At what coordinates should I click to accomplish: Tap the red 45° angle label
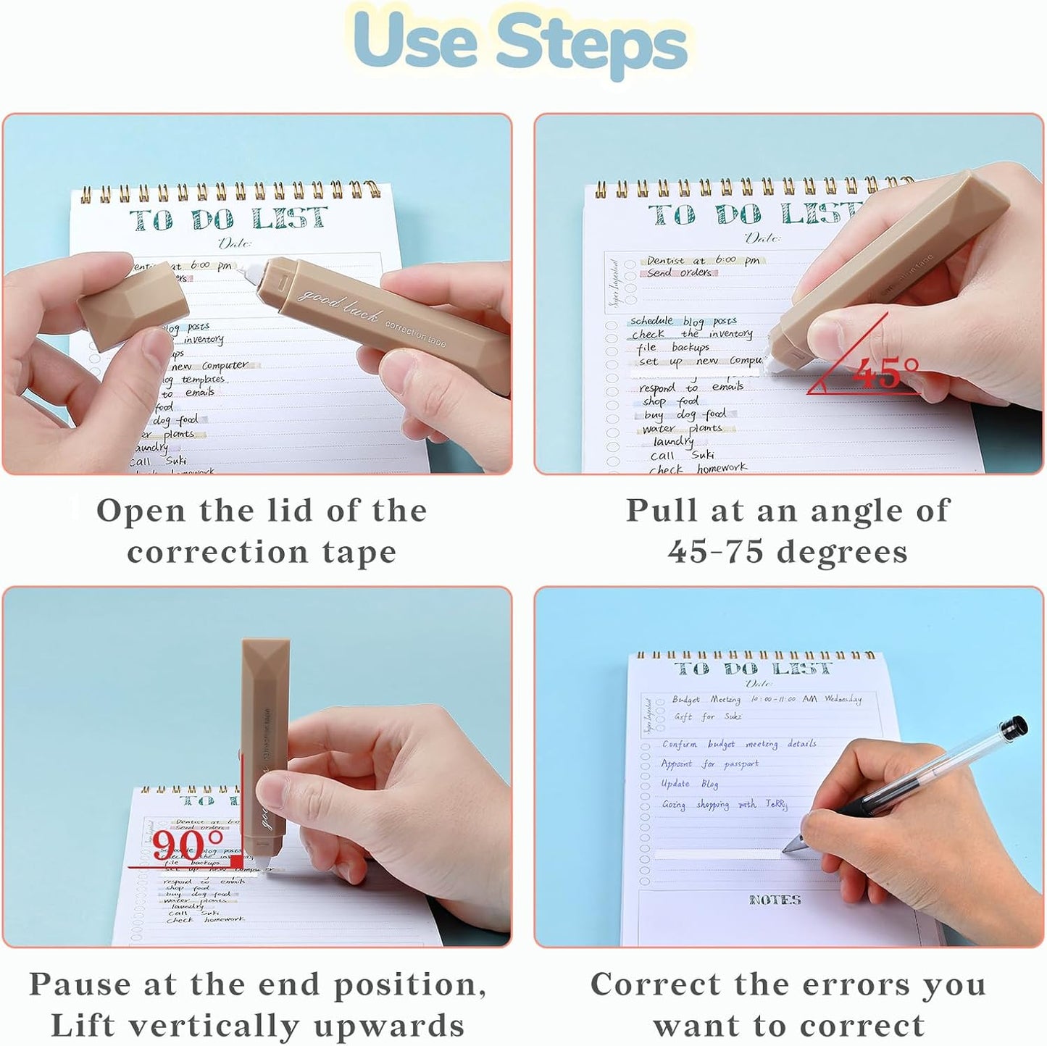(x=885, y=373)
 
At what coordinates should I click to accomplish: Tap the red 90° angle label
(x=187, y=845)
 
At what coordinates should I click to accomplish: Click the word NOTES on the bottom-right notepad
(x=775, y=900)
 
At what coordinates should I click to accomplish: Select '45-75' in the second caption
(x=715, y=552)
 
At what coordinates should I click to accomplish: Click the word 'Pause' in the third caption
(x=80, y=984)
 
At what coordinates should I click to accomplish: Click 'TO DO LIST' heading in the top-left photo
(x=228, y=219)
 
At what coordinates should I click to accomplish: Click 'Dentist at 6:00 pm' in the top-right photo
(x=702, y=260)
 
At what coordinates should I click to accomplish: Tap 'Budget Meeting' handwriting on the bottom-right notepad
(x=706, y=700)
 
